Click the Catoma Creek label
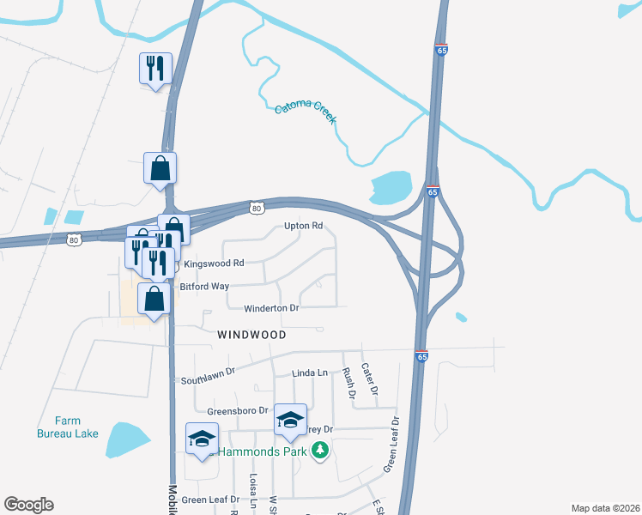[x=306, y=111]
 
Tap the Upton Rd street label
[x=304, y=227]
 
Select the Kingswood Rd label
[x=215, y=263]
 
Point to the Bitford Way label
[x=203, y=286]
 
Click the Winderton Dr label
[x=271, y=307]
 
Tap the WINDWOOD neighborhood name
[x=251, y=333]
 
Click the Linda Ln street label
[x=310, y=373]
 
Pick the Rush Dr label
[x=349, y=384]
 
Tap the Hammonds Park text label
[x=263, y=451]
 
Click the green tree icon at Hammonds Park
[x=320, y=450]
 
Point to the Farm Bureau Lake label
[x=68, y=427]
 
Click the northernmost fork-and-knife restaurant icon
[x=155, y=69]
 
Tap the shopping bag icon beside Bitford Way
[x=154, y=300]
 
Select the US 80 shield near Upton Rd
[x=257, y=208]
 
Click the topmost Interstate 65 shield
[x=441, y=51]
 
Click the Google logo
[x=28, y=505]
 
